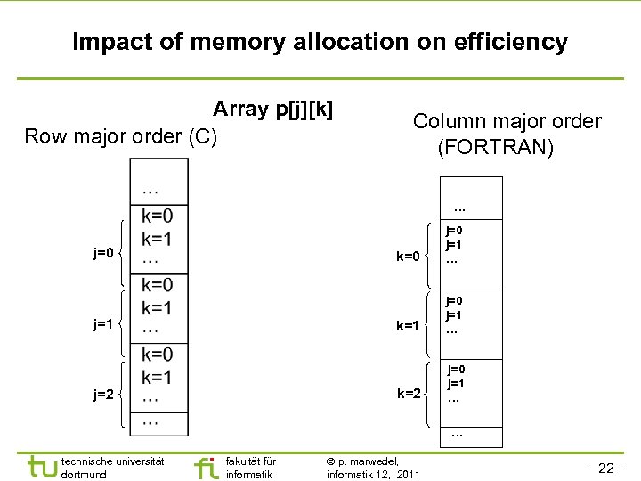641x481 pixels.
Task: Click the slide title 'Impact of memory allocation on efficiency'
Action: [320, 42]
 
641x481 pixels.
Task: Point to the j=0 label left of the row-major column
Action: [103, 253]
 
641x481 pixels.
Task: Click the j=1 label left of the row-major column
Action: [103, 324]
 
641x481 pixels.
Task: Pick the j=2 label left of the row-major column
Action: [103, 394]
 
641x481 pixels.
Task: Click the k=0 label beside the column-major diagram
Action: [408, 257]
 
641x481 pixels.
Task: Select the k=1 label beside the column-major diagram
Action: [408, 326]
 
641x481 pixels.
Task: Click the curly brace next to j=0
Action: [124, 253]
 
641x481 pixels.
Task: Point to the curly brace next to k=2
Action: [430, 393]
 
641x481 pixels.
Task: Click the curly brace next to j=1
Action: [124, 323]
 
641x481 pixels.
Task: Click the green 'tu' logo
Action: [42, 466]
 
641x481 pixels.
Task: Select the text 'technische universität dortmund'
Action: [112, 468]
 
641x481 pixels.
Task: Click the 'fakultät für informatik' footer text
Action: [251, 468]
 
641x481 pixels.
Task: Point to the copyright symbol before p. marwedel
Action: [331, 461]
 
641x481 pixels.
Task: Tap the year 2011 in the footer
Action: [406, 475]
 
